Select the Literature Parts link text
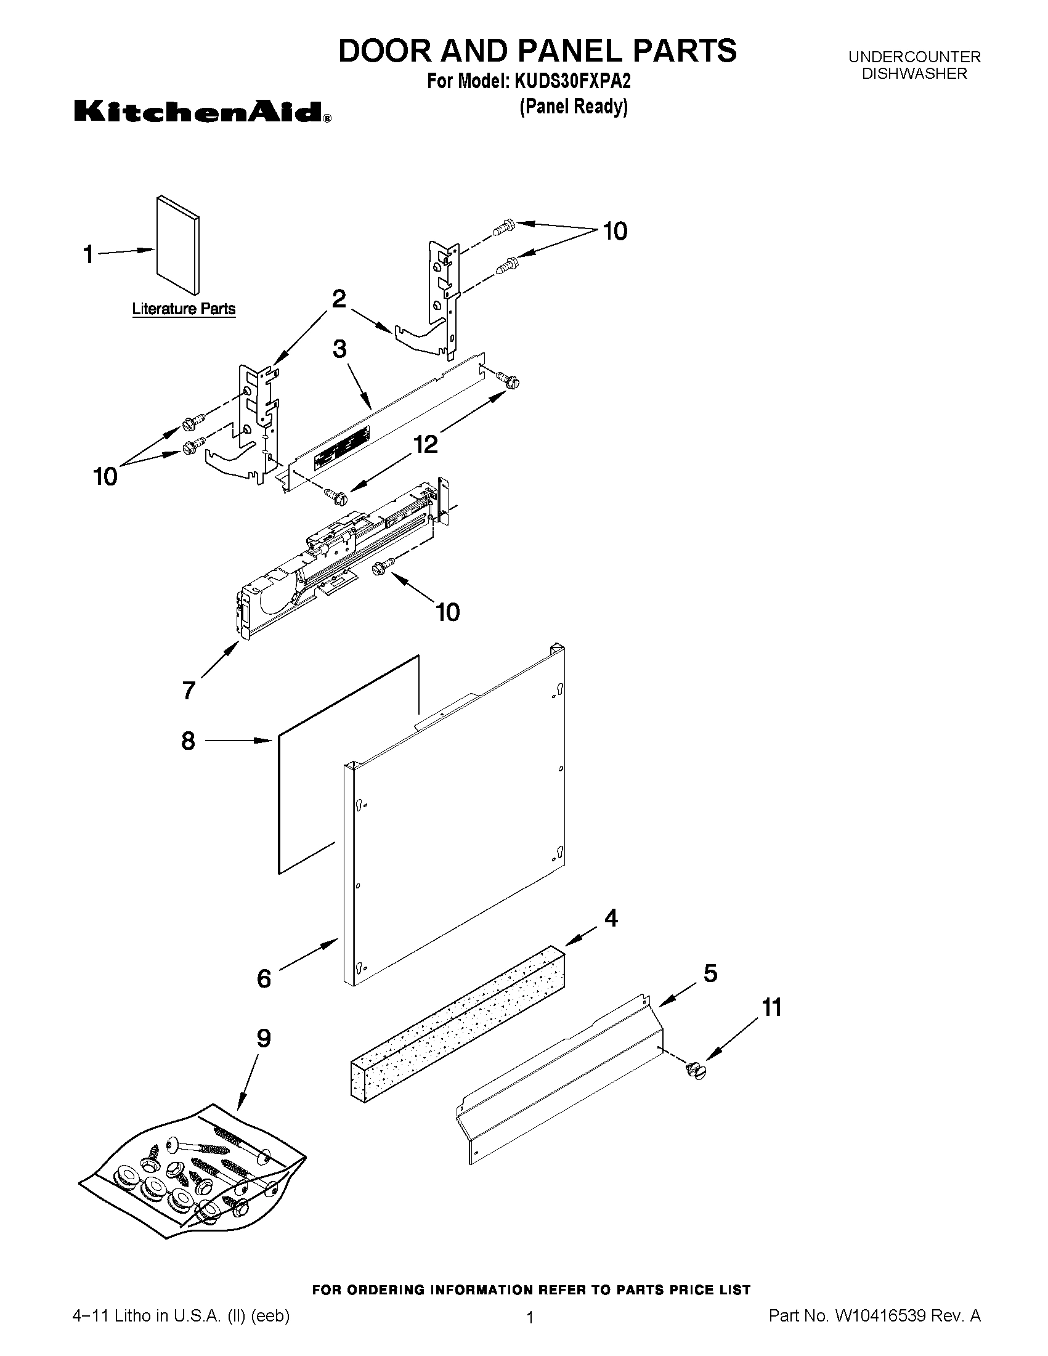[184, 309]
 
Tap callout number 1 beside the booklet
[89, 254]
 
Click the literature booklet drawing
[178, 245]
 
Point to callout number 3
[339, 349]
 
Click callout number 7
[189, 690]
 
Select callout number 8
[188, 741]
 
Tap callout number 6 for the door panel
[264, 978]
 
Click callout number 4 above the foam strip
[611, 918]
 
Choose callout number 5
[710, 973]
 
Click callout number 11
[772, 1007]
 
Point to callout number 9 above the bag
[264, 1038]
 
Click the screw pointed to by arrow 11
[696, 1070]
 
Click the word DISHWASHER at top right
[914, 73]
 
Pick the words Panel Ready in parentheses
[574, 107]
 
